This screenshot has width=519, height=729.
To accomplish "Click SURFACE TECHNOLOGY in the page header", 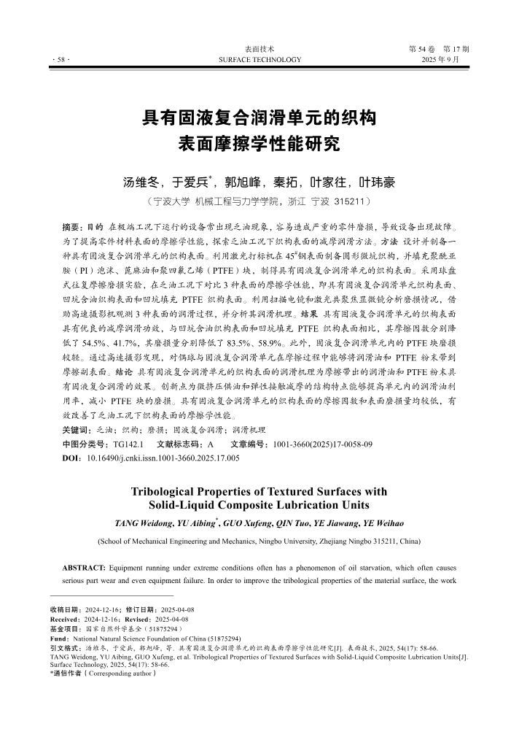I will pyautogui.click(x=259, y=59).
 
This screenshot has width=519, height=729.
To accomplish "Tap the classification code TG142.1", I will pyautogui.click(x=128, y=444).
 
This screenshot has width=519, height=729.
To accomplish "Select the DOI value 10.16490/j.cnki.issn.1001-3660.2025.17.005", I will pyautogui.click(x=163, y=458).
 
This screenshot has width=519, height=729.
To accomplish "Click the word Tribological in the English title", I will pyautogui.click(x=164, y=492).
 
